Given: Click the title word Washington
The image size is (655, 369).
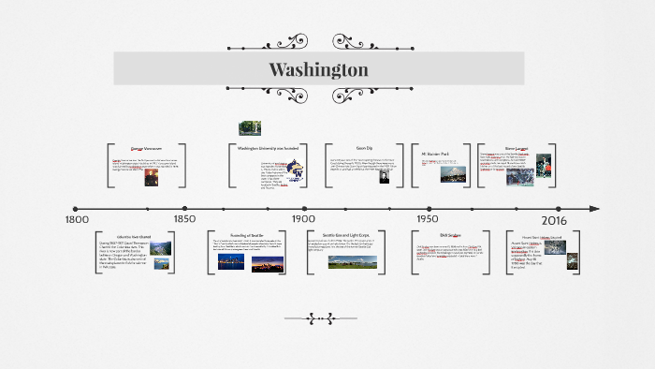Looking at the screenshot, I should tap(318, 70).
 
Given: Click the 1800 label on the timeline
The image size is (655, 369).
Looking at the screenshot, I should tap(77, 219).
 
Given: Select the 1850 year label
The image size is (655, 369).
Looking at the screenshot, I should tap(184, 219).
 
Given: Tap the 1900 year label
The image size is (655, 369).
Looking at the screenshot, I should tap(303, 219).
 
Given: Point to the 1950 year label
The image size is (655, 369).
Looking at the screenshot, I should tap(428, 219).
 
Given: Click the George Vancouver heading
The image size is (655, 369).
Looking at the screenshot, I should tap(147, 148).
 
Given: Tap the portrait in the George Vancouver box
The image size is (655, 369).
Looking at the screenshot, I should tap(151, 176).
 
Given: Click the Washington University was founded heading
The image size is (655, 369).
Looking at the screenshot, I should tap(267, 148).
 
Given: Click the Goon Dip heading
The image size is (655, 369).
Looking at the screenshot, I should tap(364, 148).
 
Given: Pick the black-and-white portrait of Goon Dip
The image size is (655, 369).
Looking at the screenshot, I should tap(384, 175).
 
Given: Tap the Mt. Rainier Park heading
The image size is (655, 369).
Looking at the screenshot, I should tap(437, 148).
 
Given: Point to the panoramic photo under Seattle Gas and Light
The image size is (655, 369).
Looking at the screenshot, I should tap(353, 262).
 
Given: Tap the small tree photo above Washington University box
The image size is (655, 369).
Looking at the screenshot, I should tap(250, 127).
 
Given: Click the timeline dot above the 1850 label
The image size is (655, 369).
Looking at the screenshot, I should tap(185, 209).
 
